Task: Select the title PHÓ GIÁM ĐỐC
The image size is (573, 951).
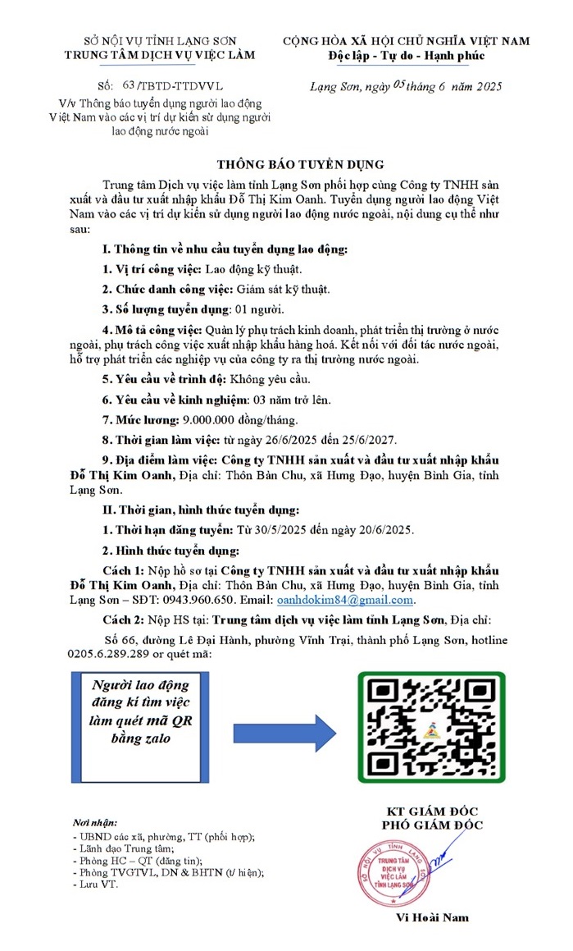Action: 432,825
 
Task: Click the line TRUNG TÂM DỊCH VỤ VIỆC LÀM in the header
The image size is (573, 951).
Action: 161,55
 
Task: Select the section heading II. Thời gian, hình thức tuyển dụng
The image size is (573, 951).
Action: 194,510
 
